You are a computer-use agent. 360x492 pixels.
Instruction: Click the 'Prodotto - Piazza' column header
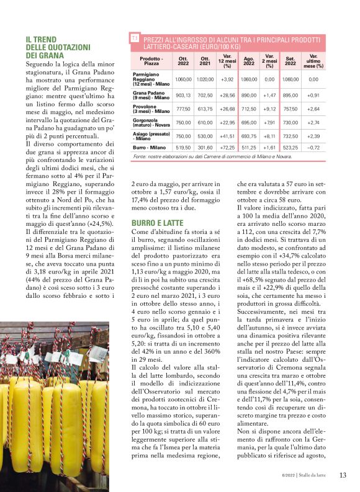coord(151,60)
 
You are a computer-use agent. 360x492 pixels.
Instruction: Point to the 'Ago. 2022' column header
coord(249,60)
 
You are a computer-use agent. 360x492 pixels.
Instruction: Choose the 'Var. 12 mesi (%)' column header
coord(227,60)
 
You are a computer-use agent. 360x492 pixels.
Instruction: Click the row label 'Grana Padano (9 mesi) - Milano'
coord(151,96)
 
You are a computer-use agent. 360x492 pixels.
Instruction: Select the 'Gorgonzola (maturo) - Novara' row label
coord(151,122)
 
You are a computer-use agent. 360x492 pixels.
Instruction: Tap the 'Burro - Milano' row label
coord(150,148)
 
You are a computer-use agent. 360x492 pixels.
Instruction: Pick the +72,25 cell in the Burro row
coord(227,148)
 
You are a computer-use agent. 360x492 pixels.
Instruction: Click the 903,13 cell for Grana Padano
coord(183,96)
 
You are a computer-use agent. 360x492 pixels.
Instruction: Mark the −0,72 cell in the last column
coord(313,148)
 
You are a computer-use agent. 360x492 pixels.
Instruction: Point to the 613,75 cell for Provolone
coord(205,109)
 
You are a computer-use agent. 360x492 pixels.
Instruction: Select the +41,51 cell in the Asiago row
coord(227,136)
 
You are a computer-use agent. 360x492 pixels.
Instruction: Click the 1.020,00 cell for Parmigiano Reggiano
coord(205,79)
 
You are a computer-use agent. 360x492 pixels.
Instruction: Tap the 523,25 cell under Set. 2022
coord(290,148)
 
